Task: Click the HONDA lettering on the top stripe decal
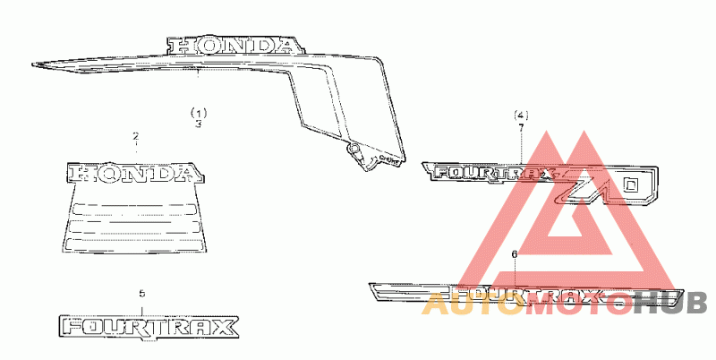pyautogui.click(x=232, y=45)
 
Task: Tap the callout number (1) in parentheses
pyautogui.click(x=199, y=113)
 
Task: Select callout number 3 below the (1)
pyautogui.click(x=199, y=124)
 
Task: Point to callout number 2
pyautogui.click(x=136, y=137)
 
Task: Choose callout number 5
pyautogui.click(x=141, y=294)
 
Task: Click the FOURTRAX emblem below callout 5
pyautogui.click(x=149, y=327)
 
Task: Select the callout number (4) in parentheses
pyautogui.click(x=522, y=116)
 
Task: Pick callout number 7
pyautogui.click(x=522, y=128)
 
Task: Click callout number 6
pyautogui.click(x=514, y=254)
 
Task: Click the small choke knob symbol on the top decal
pyautogui.click(x=355, y=147)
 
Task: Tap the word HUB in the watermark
pyautogui.click(x=670, y=305)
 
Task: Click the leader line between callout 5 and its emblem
pyautogui.click(x=141, y=306)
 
